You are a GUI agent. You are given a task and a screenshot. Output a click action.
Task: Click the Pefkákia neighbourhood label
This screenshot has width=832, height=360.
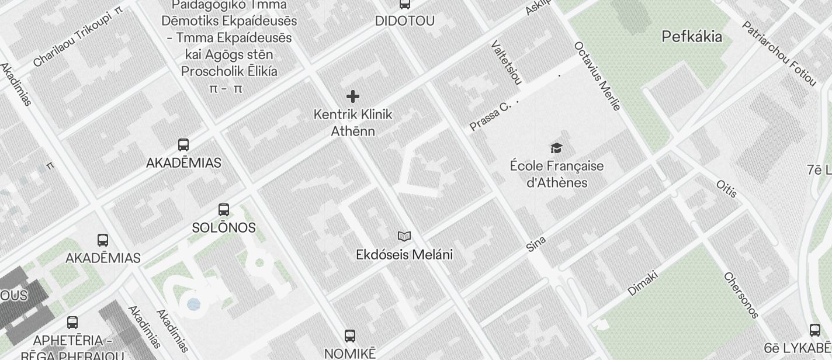[x=692, y=37]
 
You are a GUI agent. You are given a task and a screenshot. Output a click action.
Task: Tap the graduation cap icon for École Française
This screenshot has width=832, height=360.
[x=556, y=148]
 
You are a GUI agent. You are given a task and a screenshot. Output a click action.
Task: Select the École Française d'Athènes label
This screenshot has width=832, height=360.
[x=556, y=174]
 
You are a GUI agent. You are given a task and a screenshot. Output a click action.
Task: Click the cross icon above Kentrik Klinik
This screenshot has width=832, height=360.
[x=353, y=96]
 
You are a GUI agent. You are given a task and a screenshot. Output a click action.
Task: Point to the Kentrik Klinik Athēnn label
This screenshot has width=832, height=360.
[x=353, y=123]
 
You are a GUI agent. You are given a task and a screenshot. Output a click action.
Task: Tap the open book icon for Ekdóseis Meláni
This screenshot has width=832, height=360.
[x=404, y=236]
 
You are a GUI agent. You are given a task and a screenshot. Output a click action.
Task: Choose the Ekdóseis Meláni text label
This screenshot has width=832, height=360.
[x=404, y=255]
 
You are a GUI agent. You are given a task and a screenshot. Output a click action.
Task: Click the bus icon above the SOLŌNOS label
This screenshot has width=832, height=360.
[x=223, y=210]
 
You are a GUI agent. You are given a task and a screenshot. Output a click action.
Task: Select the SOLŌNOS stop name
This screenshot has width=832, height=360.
[x=224, y=228]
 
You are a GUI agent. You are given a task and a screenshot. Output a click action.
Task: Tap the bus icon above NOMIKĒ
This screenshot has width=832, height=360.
[x=350, y=335]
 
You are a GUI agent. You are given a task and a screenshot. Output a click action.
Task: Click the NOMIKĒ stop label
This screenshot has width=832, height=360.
[x=350, y=354]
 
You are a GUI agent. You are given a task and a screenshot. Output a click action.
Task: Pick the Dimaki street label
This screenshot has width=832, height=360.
[x=643, y=282]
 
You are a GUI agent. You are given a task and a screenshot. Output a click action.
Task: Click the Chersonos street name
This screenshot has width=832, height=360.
[x=741, y=295]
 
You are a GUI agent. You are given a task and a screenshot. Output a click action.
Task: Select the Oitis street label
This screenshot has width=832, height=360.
[x=727, y=189]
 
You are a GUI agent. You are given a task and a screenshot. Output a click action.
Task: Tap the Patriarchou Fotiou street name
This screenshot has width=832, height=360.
[x=779, y=53]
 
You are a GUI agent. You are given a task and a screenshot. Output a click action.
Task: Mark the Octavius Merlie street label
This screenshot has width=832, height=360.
[x=597, y=75]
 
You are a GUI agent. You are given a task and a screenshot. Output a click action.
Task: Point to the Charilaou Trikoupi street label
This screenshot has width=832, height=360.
[x=78, y=37]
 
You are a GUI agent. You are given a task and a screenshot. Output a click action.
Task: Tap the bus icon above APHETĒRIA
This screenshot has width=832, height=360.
[x=72, y=322]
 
